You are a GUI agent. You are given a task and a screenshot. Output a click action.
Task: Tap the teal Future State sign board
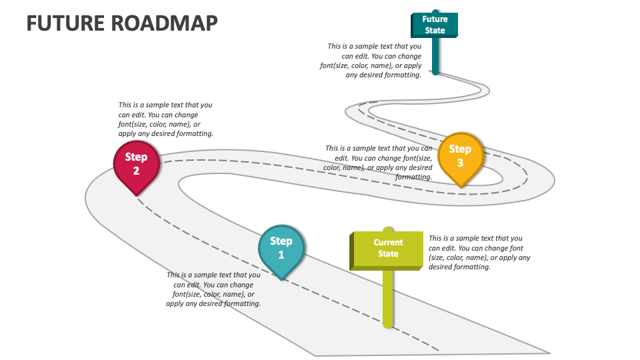[435, 25]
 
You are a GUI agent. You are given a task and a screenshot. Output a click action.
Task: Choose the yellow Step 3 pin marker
[460, 157]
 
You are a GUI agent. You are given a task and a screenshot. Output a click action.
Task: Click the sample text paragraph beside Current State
[479, 252]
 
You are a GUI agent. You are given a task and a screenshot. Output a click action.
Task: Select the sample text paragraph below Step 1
[213, 289]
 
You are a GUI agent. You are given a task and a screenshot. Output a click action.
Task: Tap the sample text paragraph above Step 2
[165, 119]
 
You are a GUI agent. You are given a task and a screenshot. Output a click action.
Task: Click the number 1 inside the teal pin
[281, 255]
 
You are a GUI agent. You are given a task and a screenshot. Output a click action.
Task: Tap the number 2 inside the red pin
[136, 171]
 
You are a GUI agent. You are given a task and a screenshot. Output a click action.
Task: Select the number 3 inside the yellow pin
[460, 163]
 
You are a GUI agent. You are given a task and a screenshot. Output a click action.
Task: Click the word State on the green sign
[388, 254]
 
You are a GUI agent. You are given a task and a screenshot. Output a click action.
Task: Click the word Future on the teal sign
[435, 19]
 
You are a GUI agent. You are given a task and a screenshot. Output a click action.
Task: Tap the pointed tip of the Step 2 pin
[137, 195]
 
